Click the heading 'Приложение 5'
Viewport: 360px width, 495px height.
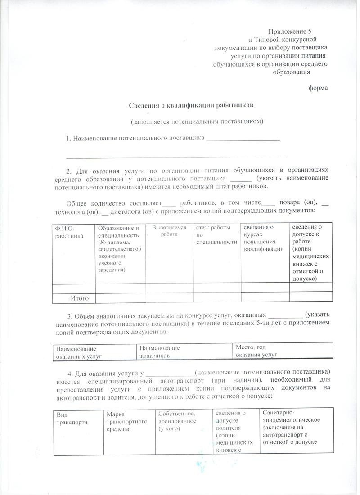(x=290, y=31)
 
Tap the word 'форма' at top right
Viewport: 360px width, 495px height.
(x=318, y=88)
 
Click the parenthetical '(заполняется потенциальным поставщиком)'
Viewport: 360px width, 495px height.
(x=197, y=121)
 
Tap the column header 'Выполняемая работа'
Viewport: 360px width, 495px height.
(x=169, y=231)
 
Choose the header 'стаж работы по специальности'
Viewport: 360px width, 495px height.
(x=216, y=235)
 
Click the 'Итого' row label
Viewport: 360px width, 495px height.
(x=79, y=298)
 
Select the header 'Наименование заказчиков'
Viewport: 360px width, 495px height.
(x=159, y=351)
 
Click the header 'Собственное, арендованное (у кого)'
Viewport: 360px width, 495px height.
(x=176, y=421)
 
